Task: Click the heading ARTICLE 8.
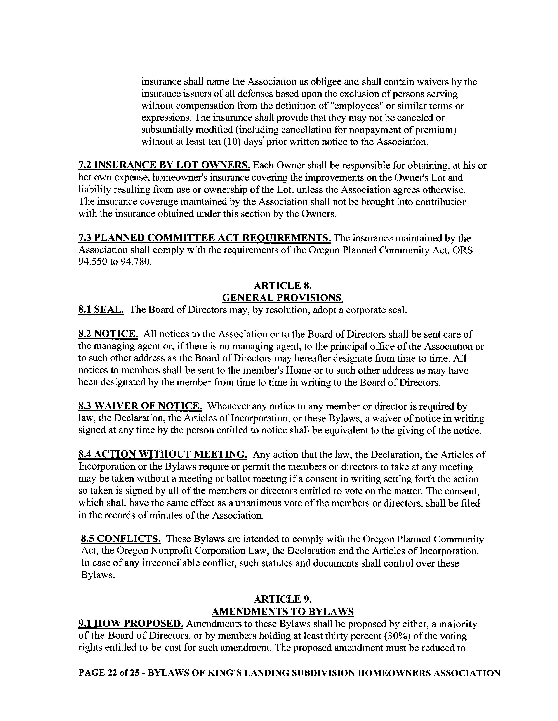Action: point(282,285)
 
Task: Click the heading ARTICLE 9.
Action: point(282,599)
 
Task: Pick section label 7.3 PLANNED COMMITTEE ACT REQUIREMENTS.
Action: point(205,238)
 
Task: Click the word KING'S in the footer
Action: point(224,673)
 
